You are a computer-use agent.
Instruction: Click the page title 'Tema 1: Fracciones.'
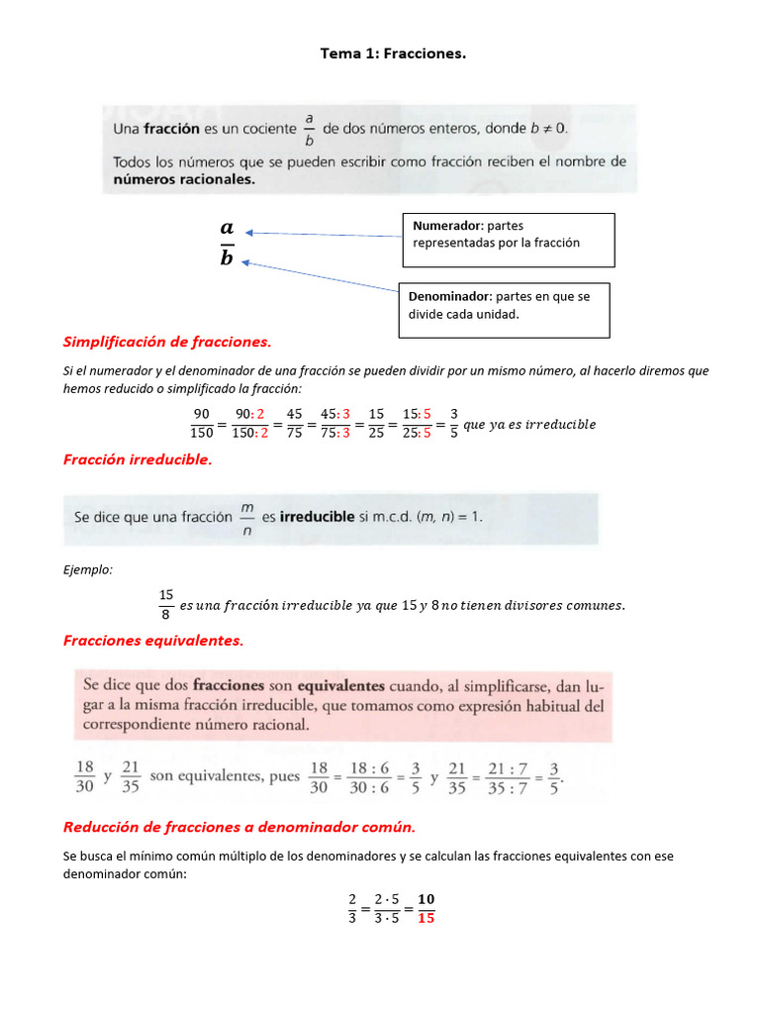[393, 53]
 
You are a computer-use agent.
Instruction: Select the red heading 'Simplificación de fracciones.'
[166, 342]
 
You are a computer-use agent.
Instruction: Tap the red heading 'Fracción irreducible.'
[138, 459]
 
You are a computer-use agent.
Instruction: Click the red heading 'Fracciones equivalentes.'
[152, 641]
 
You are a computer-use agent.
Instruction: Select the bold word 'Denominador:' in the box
[450, 296]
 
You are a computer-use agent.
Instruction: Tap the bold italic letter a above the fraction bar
[227, 229]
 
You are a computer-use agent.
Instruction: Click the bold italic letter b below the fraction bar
[227, 258]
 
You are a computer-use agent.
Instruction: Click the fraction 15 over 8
[165, 604]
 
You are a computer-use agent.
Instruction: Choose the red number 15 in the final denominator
[426, 918]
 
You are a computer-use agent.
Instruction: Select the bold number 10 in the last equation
[426, 899]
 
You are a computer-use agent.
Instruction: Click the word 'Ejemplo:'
[87, 570]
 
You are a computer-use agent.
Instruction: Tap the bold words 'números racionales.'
[184, 179]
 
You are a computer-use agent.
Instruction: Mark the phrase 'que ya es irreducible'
[529, 425]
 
